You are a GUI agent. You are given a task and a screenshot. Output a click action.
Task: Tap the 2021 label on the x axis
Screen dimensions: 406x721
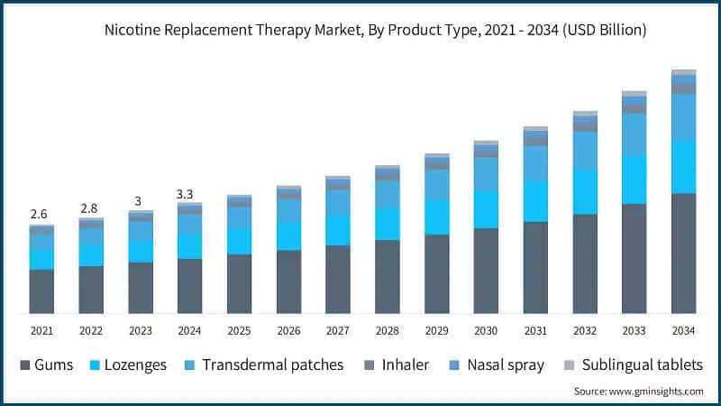(41, 331)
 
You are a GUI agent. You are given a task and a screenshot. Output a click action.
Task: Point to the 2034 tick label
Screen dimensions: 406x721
(684, 331)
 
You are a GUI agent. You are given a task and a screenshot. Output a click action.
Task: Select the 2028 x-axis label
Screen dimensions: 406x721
(388, 331)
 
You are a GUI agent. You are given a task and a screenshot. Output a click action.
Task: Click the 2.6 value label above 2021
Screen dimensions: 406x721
(40, 214)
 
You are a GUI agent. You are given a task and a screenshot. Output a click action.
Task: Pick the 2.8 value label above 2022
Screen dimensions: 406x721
(89, 208)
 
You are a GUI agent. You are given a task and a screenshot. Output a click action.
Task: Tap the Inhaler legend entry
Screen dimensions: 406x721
(396, 365)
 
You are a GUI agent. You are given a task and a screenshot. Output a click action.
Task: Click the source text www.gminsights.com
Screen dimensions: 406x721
(638, 392)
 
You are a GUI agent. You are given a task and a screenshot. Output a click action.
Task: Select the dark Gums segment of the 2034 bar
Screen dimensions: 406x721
(684, 253)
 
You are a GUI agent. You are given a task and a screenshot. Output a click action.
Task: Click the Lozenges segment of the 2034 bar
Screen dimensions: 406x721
(684, 166)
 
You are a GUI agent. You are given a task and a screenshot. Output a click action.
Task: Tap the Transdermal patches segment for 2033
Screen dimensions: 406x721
(634, 134)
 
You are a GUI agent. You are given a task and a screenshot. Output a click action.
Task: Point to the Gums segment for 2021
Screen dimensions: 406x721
(41, 291)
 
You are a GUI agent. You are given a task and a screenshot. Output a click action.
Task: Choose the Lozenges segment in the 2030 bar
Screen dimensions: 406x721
(486, 209)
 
